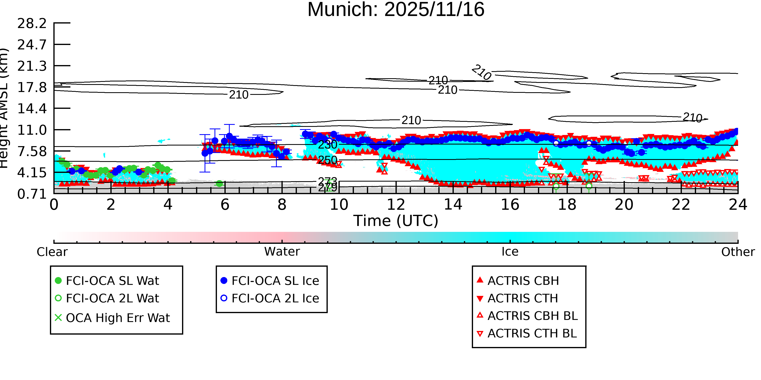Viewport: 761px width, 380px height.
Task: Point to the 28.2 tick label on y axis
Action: (x=32, y=23)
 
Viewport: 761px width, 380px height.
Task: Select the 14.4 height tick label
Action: (x=32, y=109)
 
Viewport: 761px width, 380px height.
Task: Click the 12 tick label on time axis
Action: (x=396, y=205)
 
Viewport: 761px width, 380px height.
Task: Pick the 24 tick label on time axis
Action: (x=738, y=205)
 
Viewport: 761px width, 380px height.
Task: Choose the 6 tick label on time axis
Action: (x=225, y=205)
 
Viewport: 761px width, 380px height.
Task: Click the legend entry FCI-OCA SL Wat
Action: (x=112, y=280)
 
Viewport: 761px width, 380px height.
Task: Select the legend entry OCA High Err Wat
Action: (x=117, y=318)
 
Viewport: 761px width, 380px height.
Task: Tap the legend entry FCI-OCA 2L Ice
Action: (x=275, y=298)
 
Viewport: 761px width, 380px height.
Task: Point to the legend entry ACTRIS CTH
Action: (x=523, y=298)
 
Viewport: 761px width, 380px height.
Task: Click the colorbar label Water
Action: (x=282, y=252)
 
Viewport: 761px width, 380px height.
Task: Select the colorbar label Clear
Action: (x=52, y=252)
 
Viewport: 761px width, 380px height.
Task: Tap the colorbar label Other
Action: (x=738, y=252)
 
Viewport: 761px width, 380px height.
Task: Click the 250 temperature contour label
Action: (x=327, y=160)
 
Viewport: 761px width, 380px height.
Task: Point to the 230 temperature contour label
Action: (x=327, y=145)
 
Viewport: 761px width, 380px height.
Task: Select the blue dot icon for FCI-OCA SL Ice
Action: (x=224, y=280)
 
